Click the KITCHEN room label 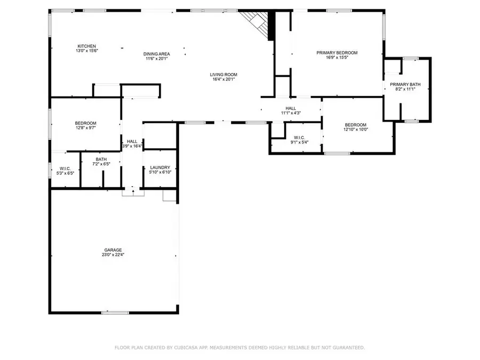click(86, 46)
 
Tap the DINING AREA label click(156, 54)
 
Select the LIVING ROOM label click(223, 74)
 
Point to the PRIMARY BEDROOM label click(337, 53)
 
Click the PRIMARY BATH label click(405, 84)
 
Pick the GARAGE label click(113, 250)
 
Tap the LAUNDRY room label click(160, 167)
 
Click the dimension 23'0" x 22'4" click(113, 254)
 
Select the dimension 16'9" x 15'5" click(337, 57)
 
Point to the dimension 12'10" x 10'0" click(356, 129)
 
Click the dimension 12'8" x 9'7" click(86, 127)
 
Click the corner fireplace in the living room click(258, 25)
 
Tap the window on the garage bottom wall click(115, 313)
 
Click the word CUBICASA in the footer click(186, 347)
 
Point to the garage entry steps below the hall click(133, 193)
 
